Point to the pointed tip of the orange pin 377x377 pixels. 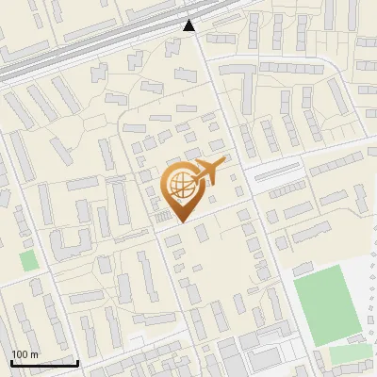click(x=180, y=221)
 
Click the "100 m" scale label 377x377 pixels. click(x=25, y=354)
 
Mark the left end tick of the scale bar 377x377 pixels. click(x=11, y=361)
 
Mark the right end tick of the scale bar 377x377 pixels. click(x=77, y=361)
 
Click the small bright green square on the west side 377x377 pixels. click(x=30, y=260)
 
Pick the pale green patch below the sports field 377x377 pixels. click(x=350, y=355)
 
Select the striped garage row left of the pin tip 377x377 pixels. click(x=162, y=220)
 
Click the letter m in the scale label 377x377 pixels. click(x=34, y=354)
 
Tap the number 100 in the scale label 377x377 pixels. click(x=20, y=354)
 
